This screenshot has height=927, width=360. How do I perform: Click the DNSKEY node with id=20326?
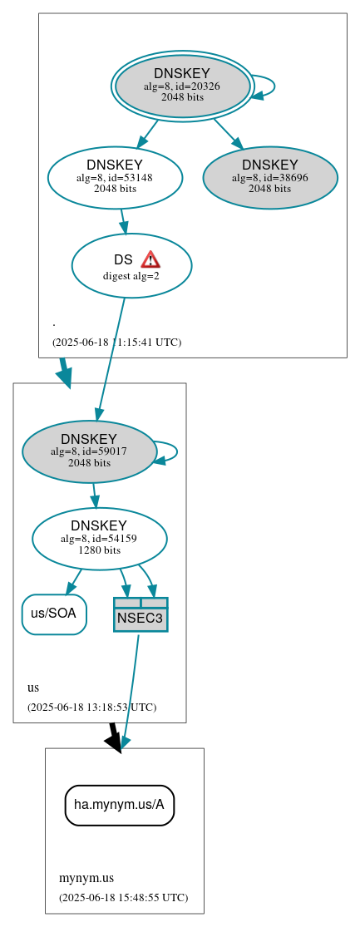(x=182, y=86)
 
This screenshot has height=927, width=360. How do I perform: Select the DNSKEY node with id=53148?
(x=115, y=176)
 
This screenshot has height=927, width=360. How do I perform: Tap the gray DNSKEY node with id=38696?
(x=270, y=177)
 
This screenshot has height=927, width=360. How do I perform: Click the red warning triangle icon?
(x=150, y=259)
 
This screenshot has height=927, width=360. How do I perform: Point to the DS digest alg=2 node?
(x=131, y=266)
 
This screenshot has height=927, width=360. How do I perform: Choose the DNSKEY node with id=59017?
(x=90, y=451)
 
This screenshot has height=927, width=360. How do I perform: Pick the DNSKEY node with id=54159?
(x=100, y=539)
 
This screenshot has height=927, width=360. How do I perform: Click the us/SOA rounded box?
(x=54, y=614)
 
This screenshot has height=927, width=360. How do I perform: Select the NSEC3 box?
(x=141, y=614)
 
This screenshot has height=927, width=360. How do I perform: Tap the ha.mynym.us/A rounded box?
(x=120, y=805)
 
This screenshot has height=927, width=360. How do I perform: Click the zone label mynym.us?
(x=86, y=878)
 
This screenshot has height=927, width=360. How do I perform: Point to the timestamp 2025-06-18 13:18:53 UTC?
(x=91, y=707)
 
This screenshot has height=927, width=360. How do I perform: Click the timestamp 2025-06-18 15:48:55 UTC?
(x=123, y=897)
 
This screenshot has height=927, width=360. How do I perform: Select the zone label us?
(x=33, y=688)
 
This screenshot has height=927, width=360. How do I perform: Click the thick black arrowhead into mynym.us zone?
(x=115, y=741)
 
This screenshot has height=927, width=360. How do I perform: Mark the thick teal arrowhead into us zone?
(x=64, y=376)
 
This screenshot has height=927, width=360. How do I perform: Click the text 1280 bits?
(x=100, y=550)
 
